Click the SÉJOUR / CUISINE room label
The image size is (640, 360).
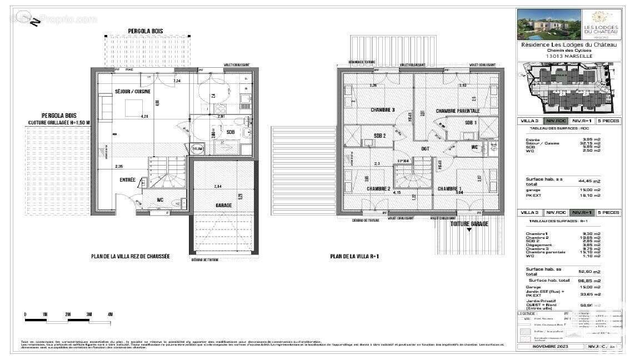pyautogui.click(x=132, y=91)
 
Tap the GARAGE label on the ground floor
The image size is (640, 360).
pyautogui.click(x=223, y=205)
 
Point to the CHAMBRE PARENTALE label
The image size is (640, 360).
pyautogui.click(x=457, y=111)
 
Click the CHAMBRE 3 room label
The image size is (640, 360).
pyautogui.click(x=382, y=110)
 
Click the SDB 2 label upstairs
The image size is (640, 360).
pyautogui.click(x=380, y=136)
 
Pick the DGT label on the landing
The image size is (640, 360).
pyautogui.click(x=425, y=148)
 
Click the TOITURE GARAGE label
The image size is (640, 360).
pyautogui.click(x=469, y=224)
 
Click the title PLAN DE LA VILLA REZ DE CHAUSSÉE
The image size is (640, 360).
pyautogui.click(x=130, y=257)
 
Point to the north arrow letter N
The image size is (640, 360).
pyautogui.click(x=34, y=22)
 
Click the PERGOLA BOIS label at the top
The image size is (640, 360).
pyautogui.click(x=146, y=31)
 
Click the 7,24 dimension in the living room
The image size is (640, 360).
pyautogui.click(x=177, y=81)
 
